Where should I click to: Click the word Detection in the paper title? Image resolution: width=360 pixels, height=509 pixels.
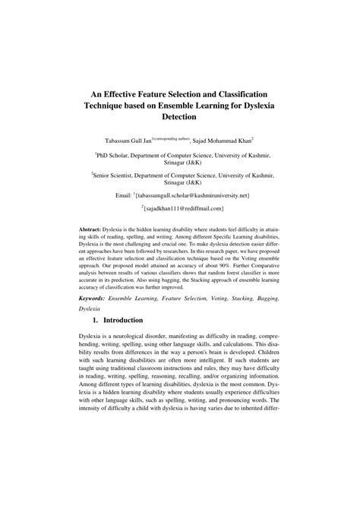179,119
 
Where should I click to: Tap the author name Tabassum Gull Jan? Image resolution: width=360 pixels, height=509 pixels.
122,141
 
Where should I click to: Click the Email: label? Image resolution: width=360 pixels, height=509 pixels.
125,195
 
